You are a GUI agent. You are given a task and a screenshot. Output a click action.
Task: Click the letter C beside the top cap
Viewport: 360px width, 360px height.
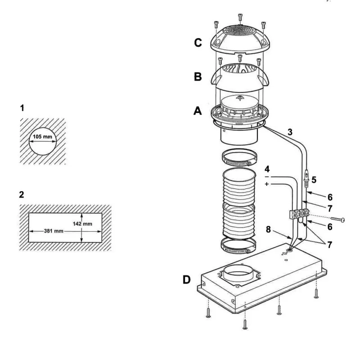(x=197, y=44)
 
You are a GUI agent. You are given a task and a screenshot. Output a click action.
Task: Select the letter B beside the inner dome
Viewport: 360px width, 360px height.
(x=198, y=76)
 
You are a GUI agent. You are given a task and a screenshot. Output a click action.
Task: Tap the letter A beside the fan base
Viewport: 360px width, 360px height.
(x=198, y=110)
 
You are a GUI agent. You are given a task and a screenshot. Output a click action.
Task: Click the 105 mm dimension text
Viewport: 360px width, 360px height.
(x=43, y=136)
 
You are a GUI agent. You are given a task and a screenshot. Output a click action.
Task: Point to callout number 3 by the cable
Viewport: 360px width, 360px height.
(x=290, y=132)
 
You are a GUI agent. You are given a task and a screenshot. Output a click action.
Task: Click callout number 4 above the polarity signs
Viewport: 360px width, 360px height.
(x=267, y=170)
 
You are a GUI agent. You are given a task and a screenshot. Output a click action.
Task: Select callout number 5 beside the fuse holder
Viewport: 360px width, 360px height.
(x=313, y=179)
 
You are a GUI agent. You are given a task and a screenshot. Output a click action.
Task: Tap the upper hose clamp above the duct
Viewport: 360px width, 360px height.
(x=240, y=158)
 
